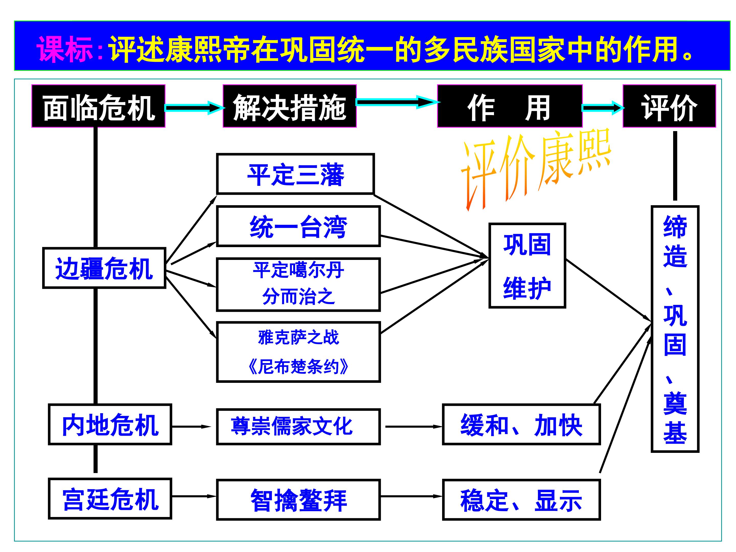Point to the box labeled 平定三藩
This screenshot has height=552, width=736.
pyautogui.click(x=295, y=174)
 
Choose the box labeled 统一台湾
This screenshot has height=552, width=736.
pyautogui.click(x=298, y=226)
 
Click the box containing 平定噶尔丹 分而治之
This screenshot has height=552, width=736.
pyautogui.click(x=298, y=284)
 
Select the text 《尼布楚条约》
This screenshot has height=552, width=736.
pyautogui.click(x=298, y=367)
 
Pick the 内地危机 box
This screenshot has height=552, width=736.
pyautogui.click(x=110, y=424)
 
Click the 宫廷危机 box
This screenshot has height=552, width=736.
pyautogui.click(x=110, y=499)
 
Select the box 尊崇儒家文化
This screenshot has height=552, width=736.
pyautogui.click(x=298, y=427)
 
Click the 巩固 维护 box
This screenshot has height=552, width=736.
pyautogui.click(x=527, y=266)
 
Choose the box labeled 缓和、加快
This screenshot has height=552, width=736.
pyautogui.click(x=521, y=424)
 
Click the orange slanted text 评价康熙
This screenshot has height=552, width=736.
pyautogui.click(x=536, y=166)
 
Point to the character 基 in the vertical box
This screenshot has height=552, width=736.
pyautogui.click(x=675, y=433)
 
